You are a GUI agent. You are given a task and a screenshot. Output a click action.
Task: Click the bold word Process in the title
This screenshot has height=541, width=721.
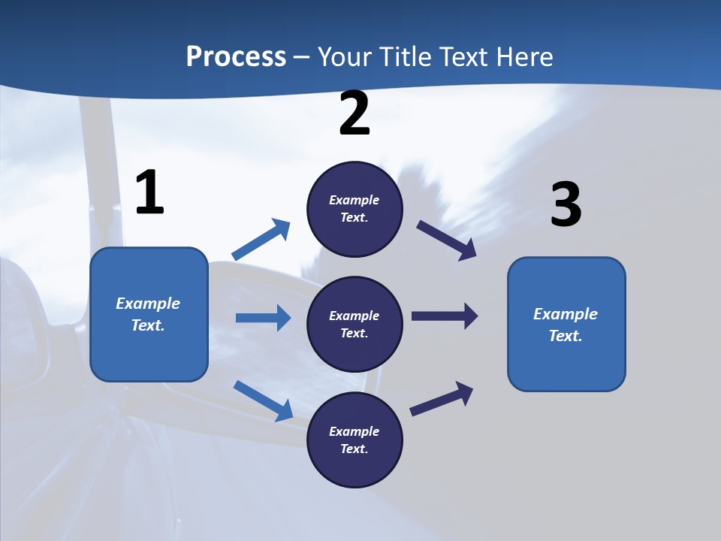(x=236, y=57)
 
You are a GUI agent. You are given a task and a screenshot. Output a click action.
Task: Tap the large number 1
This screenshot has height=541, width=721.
(x=149, y=193)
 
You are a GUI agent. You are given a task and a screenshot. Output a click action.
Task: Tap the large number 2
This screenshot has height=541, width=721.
(x=354, y=113)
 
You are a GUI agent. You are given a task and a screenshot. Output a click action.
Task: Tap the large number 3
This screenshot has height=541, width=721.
(x=566, y=205)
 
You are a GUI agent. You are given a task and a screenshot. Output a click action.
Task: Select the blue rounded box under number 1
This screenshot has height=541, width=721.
(x=149, y=314)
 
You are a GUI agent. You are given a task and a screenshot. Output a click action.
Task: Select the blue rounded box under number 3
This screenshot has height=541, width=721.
(x=566, y=324)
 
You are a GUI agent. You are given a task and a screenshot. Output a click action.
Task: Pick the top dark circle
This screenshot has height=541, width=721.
(x=354, y=209)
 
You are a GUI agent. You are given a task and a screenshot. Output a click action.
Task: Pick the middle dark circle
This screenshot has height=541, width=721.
(x=354, y=324)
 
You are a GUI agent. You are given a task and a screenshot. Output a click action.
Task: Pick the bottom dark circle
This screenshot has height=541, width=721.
(x=354, y=440)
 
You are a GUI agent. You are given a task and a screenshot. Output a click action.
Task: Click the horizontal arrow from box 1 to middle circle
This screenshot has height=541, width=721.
(x=263, y=318)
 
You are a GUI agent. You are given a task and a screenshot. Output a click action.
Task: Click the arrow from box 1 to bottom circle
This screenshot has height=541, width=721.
(x=263, y=400)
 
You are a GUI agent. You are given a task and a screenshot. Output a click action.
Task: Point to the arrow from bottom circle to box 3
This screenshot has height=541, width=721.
(x=442, y=399)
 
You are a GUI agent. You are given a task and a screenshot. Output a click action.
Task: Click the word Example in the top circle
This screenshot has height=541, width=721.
(x=354, y=200)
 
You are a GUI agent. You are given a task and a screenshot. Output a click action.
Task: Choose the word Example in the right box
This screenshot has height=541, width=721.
(x=566, y=314)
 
